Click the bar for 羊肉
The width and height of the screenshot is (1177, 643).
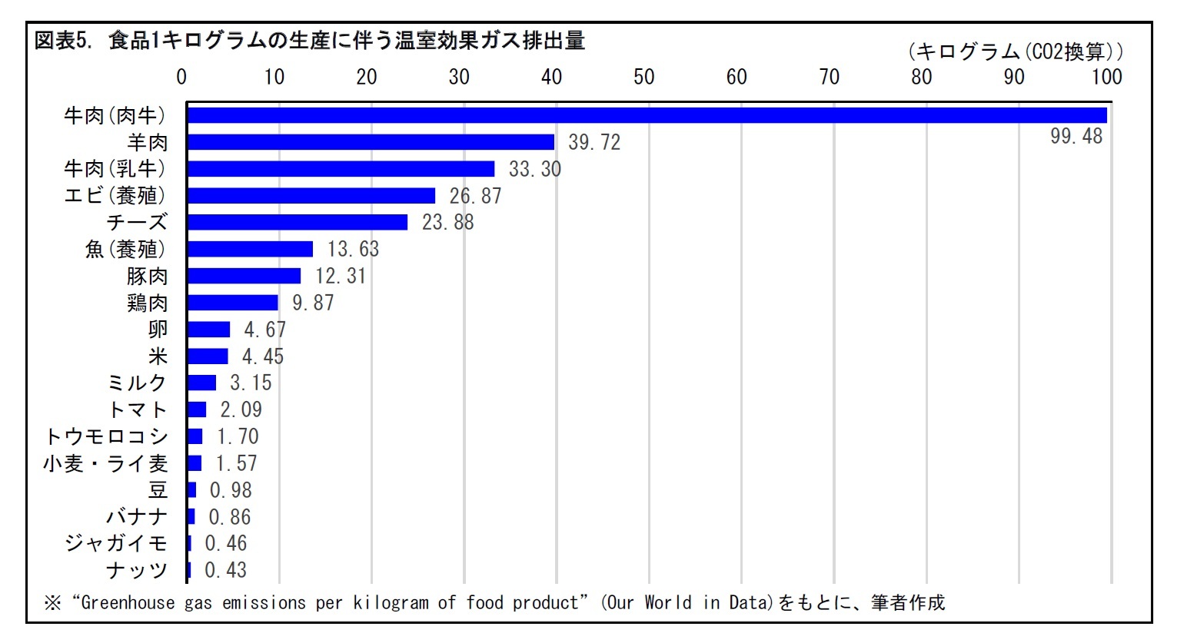click(370, 142)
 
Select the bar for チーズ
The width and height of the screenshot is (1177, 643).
click(297, 222)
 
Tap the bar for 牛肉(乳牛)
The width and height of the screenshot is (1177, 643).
click(341, 169)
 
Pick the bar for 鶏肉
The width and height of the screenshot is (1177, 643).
click(232, 303)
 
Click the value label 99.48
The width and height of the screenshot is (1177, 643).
click(1076, 137)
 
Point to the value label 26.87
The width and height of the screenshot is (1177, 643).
click(475, 196)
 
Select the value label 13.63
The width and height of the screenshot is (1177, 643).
click(353, 249)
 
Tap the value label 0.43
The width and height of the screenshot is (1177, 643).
click(225, 570)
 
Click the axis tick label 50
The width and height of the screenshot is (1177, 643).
click(643, 77)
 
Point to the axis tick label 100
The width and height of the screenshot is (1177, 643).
click(1106, 77)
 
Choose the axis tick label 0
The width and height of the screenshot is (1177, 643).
click(181, 77)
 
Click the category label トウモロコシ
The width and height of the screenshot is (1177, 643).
click(106, 436)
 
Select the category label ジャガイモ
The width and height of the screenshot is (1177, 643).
click(116, 543)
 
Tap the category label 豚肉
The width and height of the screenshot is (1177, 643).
click(147, 276)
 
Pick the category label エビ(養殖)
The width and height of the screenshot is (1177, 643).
click(115, 196)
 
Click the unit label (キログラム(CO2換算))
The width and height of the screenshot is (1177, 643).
click(1015, 51)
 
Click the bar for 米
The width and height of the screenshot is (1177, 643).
click(208, 356)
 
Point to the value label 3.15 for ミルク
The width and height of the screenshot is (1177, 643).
click(251, 383)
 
